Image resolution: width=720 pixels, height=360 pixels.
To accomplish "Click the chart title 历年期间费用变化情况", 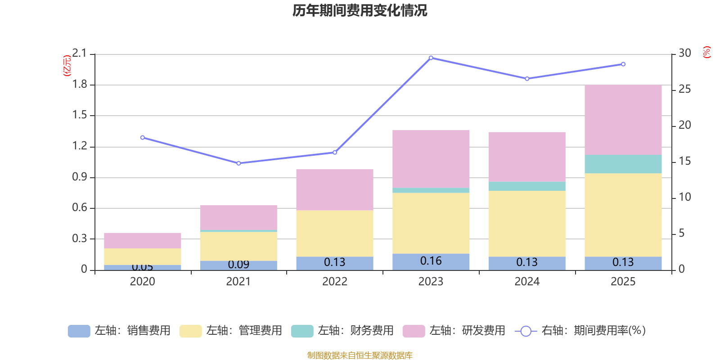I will point(360,10).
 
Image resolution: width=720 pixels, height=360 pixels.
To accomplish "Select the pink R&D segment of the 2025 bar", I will point(623,120).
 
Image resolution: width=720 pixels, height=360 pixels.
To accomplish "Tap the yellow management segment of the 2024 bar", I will point(526,224).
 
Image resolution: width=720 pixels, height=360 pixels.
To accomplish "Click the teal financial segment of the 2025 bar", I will point(623,164).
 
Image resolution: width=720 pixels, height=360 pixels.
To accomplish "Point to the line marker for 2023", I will point(431,58).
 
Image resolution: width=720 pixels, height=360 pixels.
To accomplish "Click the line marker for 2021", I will point(238,163).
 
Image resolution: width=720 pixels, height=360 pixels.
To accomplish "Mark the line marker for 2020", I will point(142,138).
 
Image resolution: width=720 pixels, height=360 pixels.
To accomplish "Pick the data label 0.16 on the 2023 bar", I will point(431,261).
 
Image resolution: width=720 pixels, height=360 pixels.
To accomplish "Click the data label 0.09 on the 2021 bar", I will point(238,265).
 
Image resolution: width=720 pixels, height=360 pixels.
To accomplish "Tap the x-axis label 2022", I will point(334,282).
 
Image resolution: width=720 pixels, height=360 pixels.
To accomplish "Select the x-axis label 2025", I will point(623,282).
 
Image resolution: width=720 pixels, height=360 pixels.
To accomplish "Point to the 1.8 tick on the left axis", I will point(80,85).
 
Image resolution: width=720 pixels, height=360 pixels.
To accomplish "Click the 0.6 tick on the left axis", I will point(80,208).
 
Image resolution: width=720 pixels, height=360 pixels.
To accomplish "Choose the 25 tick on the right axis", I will point(684,89).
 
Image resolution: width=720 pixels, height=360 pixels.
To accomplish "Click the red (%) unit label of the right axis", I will point(706,52).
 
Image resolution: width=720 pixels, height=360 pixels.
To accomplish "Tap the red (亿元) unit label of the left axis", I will point(67,66).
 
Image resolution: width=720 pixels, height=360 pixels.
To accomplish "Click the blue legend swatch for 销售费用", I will point(79,331).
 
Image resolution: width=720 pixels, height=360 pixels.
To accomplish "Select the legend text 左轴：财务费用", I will point(355,331).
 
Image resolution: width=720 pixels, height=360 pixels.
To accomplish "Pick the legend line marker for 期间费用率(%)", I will point(526,331).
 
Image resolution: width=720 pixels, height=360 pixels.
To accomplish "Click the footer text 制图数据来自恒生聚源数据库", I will point(360,355).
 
